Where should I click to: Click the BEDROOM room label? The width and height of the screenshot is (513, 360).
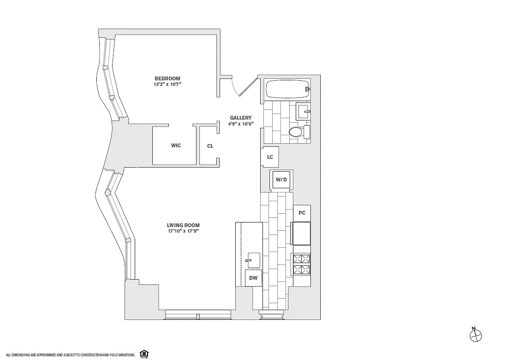coord(167,78)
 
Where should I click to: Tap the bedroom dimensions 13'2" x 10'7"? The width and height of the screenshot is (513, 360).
coord(167,84)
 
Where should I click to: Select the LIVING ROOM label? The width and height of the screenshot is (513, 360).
coord(183,225)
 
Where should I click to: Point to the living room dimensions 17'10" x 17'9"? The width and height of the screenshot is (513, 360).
coord(184,231)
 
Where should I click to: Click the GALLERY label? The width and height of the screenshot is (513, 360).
coord(241,118)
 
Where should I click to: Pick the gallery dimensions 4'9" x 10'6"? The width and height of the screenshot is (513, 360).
coord(241,124)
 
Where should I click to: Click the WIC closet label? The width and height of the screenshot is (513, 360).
coord(176,145)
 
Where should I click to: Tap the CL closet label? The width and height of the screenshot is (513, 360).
coord(210,146)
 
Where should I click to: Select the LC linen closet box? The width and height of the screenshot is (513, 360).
coord(270,157)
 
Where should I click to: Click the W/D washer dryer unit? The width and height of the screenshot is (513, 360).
coord(281,180)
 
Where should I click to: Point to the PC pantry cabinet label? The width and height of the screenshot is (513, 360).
coord(302,213)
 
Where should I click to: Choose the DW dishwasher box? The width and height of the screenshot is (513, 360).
coord(254,278)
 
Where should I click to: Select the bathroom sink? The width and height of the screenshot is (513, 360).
coord(303,112)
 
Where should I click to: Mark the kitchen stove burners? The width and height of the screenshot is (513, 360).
coord(302,264)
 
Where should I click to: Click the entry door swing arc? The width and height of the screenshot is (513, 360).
coord(235,86)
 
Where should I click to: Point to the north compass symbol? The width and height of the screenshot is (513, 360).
coord(476,335)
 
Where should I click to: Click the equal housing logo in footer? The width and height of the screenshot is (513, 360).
coord(143,354)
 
